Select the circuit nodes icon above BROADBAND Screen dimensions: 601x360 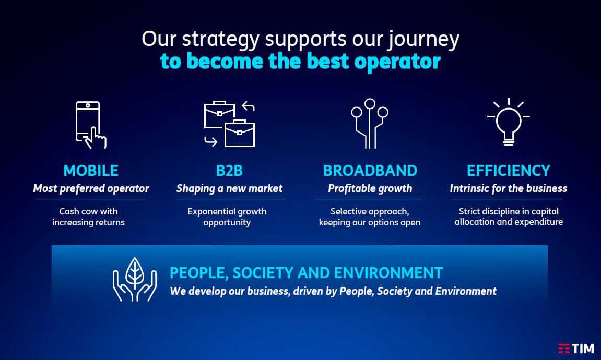coord(370,123)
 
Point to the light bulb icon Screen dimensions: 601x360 coord(508,122)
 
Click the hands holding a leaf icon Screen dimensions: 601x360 coord(135,279)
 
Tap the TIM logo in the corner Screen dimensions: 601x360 coord(576,349)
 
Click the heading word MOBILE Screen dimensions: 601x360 coord(91,171)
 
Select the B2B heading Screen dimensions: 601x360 coord(229,171)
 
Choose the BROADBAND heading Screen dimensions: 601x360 coord(370,171)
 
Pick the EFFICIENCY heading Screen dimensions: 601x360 coord(508,171)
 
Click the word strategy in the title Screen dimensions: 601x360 coord(221,40)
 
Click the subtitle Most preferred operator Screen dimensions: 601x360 coord(91,188)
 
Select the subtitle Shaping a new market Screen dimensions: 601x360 coord(229,188)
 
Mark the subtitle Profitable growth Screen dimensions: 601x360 coord(370,188)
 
